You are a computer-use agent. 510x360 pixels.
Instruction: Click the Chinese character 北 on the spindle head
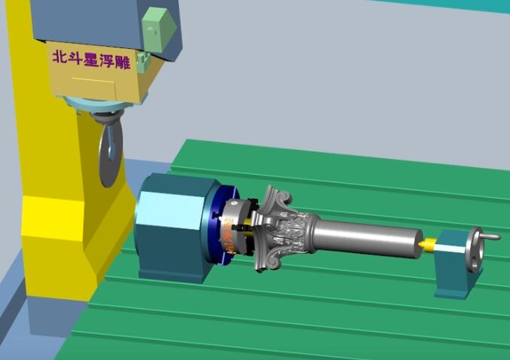coord(60,57)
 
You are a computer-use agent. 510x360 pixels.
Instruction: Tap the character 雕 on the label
coord(123,62)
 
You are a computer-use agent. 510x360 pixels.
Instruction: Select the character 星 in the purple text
coord(91,59)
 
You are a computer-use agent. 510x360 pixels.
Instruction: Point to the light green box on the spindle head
coord(159,30)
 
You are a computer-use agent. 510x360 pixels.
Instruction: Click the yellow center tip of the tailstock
coord(426,244)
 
